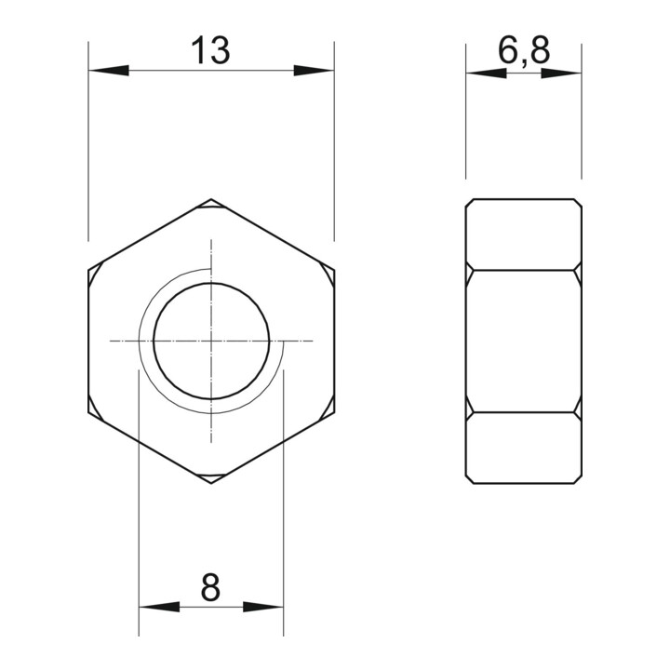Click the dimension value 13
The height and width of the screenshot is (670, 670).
pos(210,50)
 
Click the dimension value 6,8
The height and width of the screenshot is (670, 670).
pos(524,50)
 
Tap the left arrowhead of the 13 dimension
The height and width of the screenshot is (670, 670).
pos(109,70)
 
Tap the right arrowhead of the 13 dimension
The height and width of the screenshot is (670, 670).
pos(315,70)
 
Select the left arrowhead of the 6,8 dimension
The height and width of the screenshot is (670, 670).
pos(487,74)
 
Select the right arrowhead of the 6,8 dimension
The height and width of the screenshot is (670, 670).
pos(561,74)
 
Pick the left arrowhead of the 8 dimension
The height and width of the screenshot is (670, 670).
pos(159,607)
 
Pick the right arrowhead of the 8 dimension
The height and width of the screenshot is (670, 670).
pos(263,607)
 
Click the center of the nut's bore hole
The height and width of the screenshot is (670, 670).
pos(211,341)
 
